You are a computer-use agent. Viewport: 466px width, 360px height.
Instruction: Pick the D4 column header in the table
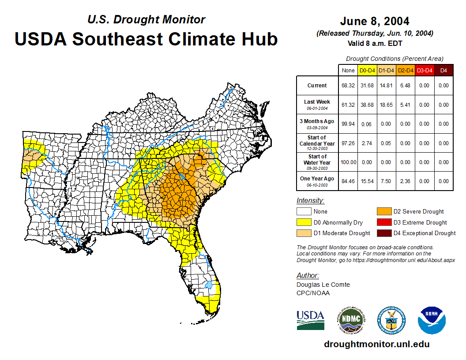443,70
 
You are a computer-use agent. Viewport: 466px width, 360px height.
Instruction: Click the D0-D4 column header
367,70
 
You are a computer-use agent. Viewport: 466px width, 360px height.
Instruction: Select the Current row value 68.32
348,86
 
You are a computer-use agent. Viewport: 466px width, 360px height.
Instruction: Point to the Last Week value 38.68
367,105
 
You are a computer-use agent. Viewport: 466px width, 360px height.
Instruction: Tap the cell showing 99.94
348,124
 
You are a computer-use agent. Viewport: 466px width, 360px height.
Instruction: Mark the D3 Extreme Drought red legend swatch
383,222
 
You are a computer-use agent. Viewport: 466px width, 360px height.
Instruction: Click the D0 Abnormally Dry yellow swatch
303,222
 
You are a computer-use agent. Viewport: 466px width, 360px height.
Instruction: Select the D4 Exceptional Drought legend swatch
383,233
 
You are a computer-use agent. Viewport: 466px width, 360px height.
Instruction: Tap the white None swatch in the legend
303,211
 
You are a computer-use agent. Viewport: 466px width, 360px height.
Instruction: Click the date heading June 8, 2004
375,21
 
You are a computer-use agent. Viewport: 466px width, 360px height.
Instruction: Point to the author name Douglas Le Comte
323,285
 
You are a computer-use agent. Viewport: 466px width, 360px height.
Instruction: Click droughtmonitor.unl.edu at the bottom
376,344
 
